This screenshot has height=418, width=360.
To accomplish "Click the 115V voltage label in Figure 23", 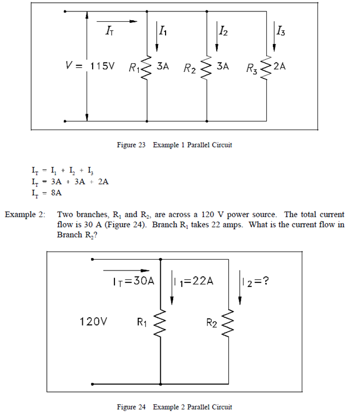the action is pos(103,66).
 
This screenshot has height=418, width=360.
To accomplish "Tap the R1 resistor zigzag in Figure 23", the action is pos(147,68).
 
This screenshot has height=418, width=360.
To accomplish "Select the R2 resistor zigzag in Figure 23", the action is pos(206,68).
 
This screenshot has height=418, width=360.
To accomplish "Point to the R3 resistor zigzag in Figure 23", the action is pos(266,68).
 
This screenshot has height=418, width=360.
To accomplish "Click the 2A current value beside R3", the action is pos(279,66).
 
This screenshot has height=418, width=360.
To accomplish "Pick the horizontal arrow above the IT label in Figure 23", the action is pos(117,21).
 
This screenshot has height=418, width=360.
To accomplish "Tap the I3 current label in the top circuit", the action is pos(280,30).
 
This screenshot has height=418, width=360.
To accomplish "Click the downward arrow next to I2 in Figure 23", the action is pos(217,36).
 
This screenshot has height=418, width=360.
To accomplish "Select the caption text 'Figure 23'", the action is pos(131,145).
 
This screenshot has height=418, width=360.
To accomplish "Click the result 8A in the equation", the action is pos(56,193).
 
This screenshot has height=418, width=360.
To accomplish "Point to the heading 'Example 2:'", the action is pos(25,214).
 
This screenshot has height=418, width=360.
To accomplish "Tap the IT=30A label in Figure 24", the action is pos(133,281).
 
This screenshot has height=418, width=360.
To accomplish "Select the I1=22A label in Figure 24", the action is pos(193,281).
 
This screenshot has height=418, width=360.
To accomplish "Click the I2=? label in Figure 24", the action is pos(255,281).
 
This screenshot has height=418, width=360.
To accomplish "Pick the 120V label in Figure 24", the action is pos(93,322).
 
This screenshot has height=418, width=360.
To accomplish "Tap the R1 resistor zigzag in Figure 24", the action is pos(161,323).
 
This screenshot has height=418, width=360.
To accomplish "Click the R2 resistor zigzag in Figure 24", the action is pos(229,323).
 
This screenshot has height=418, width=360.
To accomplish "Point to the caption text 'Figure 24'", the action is pos(131,407).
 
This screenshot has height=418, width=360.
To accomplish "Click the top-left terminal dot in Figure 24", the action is pos(92,259).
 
